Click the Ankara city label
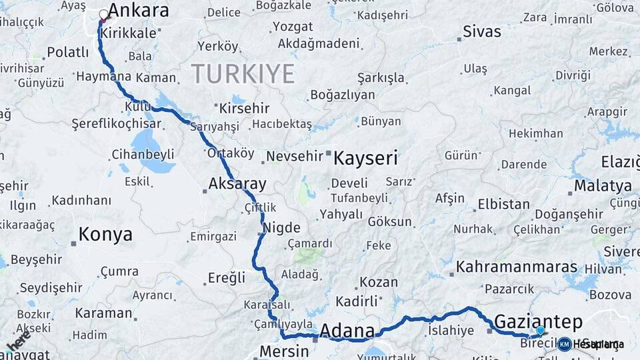[x=138, y=11]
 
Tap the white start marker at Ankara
[x=104, y=15]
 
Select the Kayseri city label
[x=365, y=159]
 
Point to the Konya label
[x=105, y=235]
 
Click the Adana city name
[x=347, y=331]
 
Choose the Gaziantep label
[x=538, y=320]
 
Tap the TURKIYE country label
[x=243, y=73]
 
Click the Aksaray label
[x=237, y=184]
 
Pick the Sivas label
[x=482, y=31]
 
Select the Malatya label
[x=603, y=185]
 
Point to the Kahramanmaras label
[x=517, y=267]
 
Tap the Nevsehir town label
[x=294, y=157]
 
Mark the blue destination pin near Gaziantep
[x=540, y=330]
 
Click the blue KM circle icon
[x=565, y=344]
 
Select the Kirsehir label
[x=244, y=108]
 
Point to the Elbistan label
[x=504, y=205]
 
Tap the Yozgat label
[x=292, y=27]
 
